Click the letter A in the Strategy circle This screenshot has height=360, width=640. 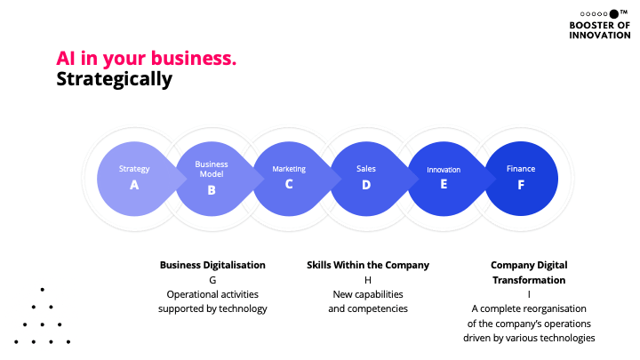tap(134, 186)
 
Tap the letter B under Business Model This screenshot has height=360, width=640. tap(212, 189)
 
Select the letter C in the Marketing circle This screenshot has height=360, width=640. tap(289, 185)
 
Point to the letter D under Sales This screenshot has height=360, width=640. tap(366, 185)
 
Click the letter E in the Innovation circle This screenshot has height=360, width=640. tap(444, 185)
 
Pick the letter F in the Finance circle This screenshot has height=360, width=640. tap(521, 185)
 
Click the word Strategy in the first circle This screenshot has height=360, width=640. tap(134, 169)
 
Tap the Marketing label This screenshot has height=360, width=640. tap(289, 169)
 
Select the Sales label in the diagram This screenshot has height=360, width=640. tap(366, 168)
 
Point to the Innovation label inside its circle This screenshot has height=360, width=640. tap(444, 169)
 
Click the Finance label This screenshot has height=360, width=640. tap(521, 168)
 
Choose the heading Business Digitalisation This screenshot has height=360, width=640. tap(212, 265)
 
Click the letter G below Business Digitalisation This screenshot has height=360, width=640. tap(212, 279)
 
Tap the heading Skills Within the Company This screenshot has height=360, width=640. tap(368, 265)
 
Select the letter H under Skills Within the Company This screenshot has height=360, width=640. tap(368, 279)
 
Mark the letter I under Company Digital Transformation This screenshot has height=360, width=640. tap(529, 294)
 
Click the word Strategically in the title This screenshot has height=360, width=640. tap(114, 79)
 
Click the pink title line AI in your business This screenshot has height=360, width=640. tap(147, 59)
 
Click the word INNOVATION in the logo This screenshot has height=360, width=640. tap(600, 36)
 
